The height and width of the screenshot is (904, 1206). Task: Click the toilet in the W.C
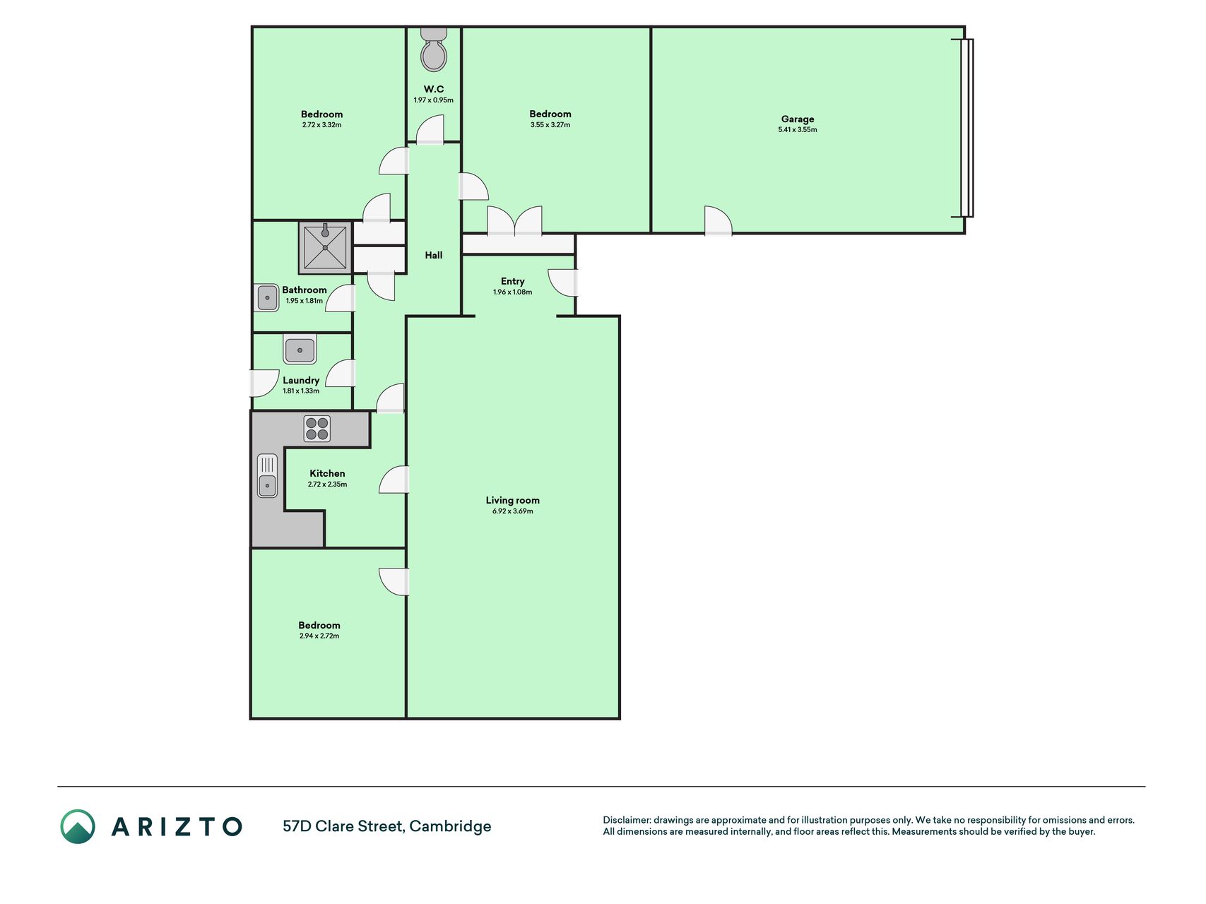(x=434, y=49)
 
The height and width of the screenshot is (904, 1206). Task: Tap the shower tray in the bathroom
(x=325, y=247)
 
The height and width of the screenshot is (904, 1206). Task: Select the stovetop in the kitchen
(x=317, y=429)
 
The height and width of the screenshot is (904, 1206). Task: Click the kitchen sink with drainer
(x=267, y=475)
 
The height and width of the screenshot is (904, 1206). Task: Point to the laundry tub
(x=300, y=350)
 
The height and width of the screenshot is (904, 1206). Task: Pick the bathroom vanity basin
(x=266, y=297)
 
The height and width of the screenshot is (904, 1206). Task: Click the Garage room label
(x=798, y=119)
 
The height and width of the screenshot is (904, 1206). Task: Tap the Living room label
(x=512, y=500)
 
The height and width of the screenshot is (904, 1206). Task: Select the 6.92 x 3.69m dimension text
(x=512, y=511)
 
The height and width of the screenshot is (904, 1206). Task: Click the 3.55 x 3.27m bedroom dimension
(x=550, y=125)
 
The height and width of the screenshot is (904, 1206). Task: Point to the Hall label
(x=434, y=255)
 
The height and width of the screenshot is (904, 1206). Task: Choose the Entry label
(x=513, y=281)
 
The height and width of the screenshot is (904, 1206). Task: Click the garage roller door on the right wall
(x=966, y=128)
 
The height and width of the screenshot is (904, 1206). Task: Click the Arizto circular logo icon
(x=78, y=826)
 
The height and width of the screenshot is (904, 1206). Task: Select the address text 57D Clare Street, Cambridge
(x=386, y=826)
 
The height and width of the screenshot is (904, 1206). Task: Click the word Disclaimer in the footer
(x=627, y=820)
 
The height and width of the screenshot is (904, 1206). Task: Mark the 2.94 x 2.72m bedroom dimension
(x=319, y=636)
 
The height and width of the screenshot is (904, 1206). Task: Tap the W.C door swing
(x=430, y=131)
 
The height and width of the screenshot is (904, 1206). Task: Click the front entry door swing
(x=563, y=282)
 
